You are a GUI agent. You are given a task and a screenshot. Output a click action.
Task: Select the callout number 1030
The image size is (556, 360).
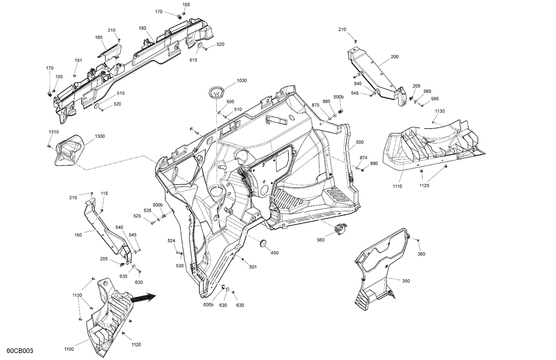tap(242, 80)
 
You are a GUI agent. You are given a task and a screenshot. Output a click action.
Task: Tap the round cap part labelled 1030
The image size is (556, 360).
tap(217, 92)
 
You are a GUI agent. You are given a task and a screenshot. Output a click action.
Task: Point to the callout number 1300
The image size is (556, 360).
tap(100, 136)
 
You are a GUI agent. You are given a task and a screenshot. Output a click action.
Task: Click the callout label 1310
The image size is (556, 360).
tap(53, 132)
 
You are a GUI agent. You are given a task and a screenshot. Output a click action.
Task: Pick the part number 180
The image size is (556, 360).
tap(142, 28)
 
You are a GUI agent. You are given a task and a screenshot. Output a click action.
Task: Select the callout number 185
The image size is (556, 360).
tap(99, 37)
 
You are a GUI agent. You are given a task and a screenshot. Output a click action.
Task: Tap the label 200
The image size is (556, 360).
tap(394, 57)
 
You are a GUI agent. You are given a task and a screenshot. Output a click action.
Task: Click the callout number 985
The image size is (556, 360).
tap(427, 91)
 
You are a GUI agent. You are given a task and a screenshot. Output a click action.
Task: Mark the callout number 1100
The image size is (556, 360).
tap(69, 349)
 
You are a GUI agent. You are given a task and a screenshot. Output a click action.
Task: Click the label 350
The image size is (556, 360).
tap(406, 281)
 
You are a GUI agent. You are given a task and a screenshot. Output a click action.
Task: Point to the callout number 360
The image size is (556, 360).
tap(421, 254)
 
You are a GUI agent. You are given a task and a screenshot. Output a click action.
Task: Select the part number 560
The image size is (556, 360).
tap(321, 240)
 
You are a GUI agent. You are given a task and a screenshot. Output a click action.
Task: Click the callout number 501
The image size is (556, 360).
tap(253, 267)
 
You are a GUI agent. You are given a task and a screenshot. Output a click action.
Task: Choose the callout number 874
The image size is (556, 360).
tap(363, 158)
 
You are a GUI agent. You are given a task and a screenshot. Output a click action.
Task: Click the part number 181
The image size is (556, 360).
tap(78, 60)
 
